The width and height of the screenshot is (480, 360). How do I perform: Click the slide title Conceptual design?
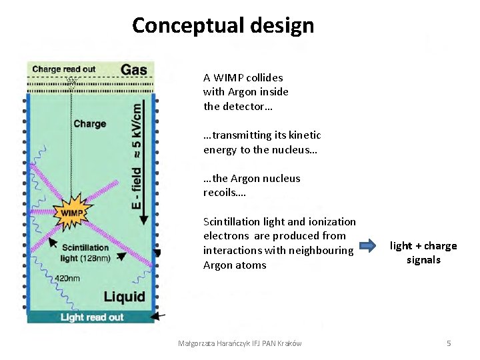coord(223,25)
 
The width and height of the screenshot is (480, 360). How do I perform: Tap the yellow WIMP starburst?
coord(73,213)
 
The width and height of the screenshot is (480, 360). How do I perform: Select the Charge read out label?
coord(63,69)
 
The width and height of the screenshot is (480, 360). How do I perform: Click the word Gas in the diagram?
coord(134,69)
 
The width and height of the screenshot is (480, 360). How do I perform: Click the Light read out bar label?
coord(92,317)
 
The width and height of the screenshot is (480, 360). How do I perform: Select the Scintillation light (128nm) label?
coord(86,253)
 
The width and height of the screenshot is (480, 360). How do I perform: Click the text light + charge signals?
coord(423,253)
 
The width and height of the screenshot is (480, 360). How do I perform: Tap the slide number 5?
coord(449,343)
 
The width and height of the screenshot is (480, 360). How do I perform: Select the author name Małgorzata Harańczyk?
coord(209,343)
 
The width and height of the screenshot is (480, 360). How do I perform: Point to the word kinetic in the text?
coord(306,135)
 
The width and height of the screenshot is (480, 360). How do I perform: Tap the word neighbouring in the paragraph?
coord(321,250)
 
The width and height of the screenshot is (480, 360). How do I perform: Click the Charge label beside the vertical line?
coord(89,123)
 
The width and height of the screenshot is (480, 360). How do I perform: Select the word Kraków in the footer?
coord(288,343)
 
